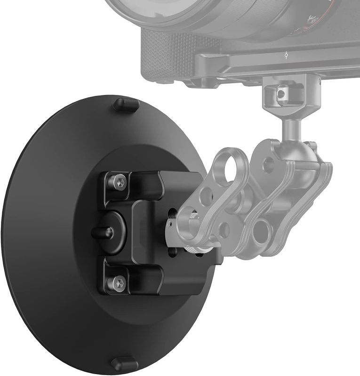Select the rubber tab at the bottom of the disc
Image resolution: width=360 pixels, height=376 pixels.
[125, 363]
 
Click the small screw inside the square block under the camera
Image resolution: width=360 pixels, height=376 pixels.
[281, 94]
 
